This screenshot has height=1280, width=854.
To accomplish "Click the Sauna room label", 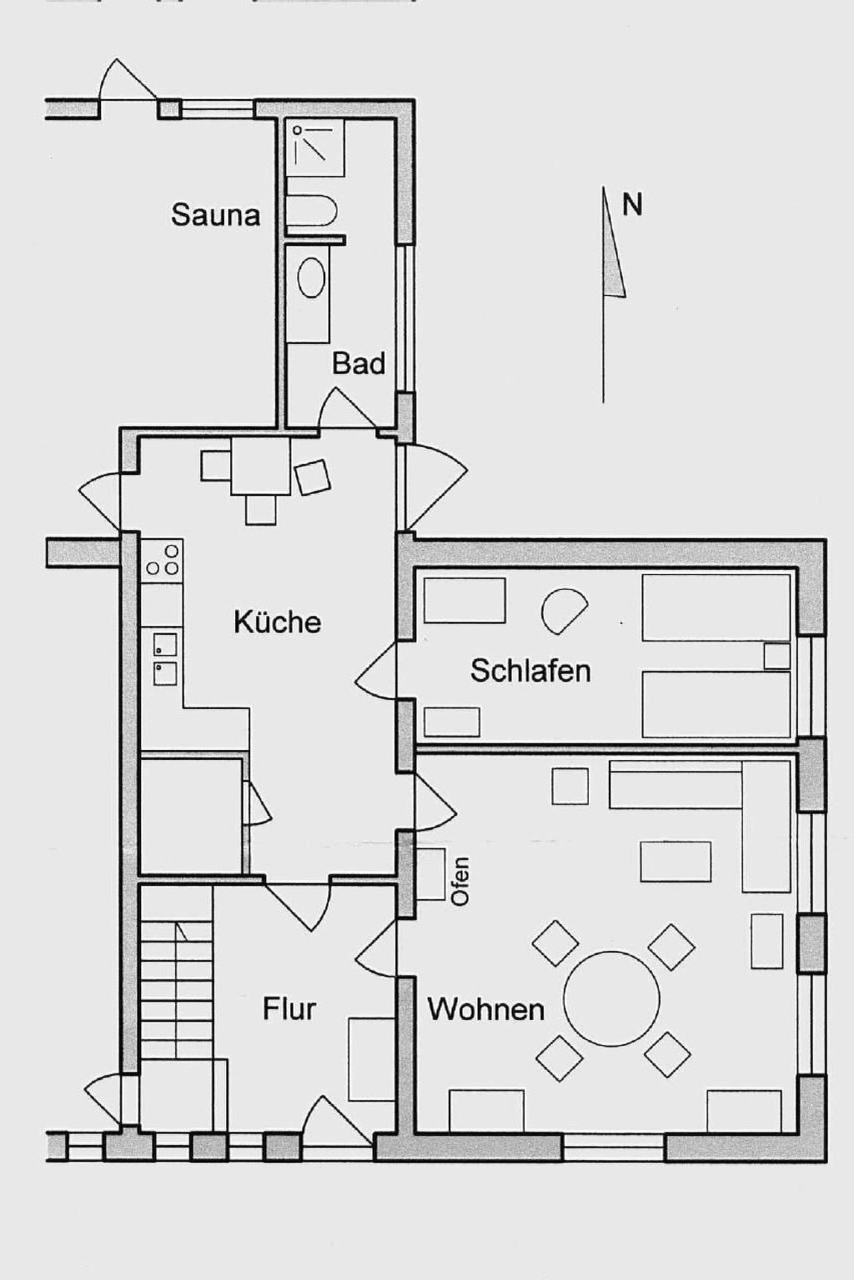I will click(215, 215).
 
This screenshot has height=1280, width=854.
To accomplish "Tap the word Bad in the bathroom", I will click(359, 363).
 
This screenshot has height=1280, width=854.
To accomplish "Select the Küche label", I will click(277, 622).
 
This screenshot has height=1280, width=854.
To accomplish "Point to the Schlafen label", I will click(530, 670).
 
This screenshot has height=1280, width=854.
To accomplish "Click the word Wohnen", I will click(485, 1009).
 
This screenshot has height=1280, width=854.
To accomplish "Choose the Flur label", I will click(289, 1008).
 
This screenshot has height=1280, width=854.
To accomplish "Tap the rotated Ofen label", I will click(460, 881).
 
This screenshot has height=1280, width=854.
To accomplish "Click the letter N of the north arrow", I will click(632, 205).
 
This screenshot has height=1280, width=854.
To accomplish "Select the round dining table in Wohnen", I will click(611, 998).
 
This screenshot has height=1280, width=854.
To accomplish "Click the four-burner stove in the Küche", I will click(162, 560).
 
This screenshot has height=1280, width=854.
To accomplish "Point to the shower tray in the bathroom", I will click(314, 147).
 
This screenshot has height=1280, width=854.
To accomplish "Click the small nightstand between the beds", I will click(776, 656).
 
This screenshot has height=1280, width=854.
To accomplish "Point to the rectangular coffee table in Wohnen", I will click(676, 861).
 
